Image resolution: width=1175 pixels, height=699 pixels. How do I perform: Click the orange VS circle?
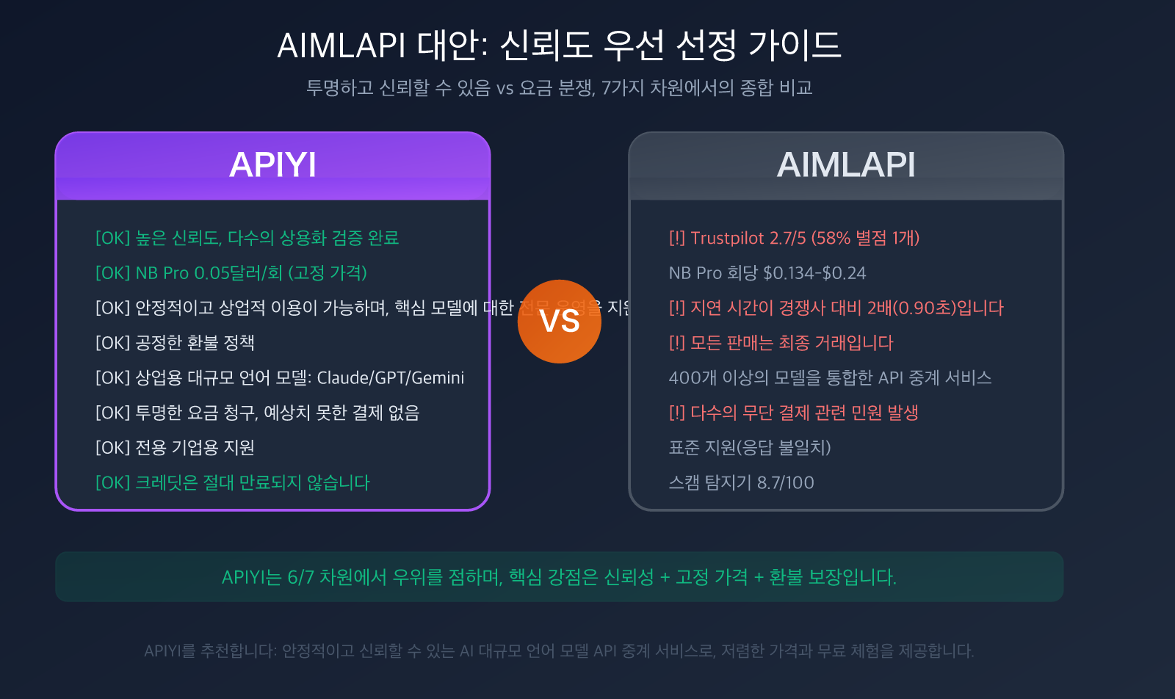(559, 322)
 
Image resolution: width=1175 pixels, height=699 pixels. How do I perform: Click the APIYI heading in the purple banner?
(272, 164)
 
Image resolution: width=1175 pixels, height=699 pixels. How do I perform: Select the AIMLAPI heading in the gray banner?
(846, 164)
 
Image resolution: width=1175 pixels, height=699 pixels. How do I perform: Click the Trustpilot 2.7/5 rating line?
(794, 238)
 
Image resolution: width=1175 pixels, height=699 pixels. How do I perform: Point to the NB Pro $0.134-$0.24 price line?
(767, 273)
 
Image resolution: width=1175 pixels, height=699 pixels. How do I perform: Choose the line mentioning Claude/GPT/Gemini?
(280, 378)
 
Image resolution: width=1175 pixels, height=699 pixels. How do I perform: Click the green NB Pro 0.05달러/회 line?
(231, 273)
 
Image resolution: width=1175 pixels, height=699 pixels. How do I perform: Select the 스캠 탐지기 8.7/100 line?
(741, 483)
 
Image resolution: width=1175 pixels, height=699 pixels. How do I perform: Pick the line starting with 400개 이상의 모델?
(830, 378)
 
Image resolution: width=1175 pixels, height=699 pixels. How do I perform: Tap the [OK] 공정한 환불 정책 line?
(175, 343)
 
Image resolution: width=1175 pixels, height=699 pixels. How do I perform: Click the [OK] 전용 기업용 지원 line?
(175, 448)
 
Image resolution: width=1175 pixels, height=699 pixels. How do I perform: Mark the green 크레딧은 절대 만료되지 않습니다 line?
(233, 483)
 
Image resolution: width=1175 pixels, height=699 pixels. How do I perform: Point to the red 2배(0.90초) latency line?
(836, 308)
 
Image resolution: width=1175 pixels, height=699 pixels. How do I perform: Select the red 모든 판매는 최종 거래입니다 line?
(781, 343)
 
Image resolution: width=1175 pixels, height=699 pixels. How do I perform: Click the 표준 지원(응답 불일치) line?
(749, 448)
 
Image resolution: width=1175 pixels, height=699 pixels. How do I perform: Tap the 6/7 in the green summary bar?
(300, 577)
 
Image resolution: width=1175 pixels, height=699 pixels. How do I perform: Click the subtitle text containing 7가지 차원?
(559, 88)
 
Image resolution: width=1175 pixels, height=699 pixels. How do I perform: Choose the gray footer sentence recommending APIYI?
(559, 651)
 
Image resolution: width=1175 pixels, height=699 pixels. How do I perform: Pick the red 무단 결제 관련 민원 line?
(793, 413)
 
